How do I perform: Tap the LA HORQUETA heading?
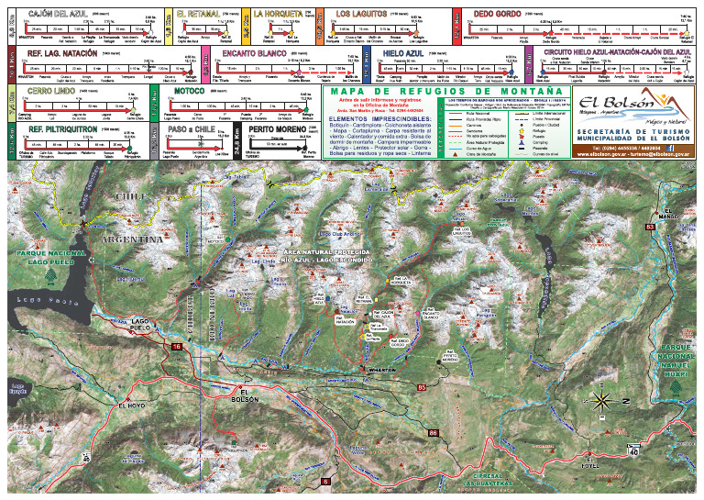click(x=276, y=15)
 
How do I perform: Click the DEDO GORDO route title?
click(x=495, y=15)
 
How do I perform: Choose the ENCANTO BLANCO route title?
click(x=254, y=54)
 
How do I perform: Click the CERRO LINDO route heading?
click(x=50, y=92)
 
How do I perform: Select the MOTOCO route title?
click(x=189, y=92)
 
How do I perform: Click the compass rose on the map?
click(x=602, y=399)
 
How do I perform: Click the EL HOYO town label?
click(x=132, y=405)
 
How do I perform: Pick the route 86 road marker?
click(x=432, y=432)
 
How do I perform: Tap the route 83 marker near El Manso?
click(x=650, y=226)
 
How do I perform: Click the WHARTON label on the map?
click(x=379, y=370)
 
